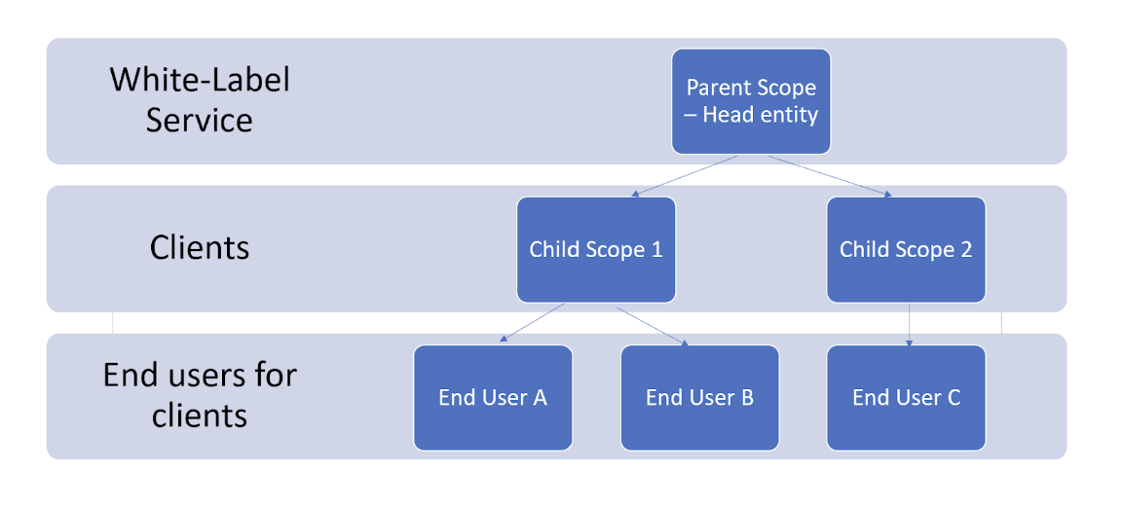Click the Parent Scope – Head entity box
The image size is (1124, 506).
tap(751, 101)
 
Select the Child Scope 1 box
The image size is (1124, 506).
tap(596, 249)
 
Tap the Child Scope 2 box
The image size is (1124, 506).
tap(906, 249)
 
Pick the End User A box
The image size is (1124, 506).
tap(493, 398)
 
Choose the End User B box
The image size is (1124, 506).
tap(699, 398)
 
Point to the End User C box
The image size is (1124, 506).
tap(906, 398)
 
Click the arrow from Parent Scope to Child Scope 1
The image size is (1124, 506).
tap(686, 175)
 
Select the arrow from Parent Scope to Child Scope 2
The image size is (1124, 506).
tap(830, 175)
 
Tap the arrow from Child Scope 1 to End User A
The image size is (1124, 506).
tap(532, 322)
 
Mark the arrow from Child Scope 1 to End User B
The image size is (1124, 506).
tap(653, 326)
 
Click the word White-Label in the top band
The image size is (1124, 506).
tap(200, 80)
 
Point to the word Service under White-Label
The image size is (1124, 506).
tap(200, 120)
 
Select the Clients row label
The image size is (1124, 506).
tap(200, 248)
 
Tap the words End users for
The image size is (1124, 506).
tap(200, 375)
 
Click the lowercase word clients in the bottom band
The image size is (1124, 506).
tap(200, 415)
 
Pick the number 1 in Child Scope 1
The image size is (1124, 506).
tap(656, 249)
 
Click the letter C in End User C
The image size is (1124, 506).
tap(954, 398)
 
